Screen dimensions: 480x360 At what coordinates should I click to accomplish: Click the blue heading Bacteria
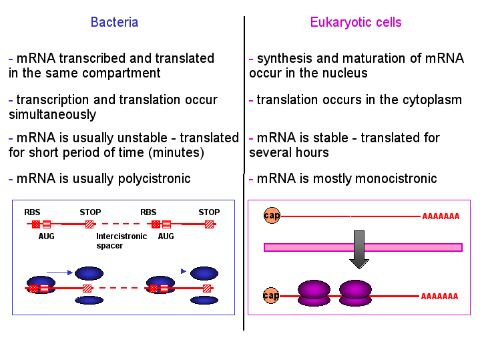114,22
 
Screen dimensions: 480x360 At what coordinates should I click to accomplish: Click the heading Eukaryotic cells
356,22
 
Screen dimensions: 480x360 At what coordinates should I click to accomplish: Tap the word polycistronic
154,178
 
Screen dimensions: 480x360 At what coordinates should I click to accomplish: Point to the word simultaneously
52,115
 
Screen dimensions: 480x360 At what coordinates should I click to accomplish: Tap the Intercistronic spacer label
122,241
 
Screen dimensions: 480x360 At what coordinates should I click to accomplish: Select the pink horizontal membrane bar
363,247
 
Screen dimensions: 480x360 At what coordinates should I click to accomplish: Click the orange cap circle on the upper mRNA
272,215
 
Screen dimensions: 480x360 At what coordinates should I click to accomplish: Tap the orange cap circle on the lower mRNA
271,296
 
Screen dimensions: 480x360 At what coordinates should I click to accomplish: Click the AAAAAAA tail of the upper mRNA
441,216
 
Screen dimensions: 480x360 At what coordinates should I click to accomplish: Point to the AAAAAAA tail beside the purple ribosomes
439,297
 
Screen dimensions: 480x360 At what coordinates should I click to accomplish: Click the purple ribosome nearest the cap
314,293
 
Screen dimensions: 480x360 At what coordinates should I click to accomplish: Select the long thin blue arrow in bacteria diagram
59,272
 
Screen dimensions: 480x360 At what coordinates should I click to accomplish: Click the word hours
310,152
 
